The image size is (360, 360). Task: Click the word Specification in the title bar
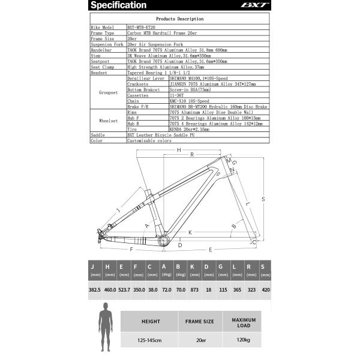tap(120, 5)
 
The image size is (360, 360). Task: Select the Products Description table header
tap(179, 19)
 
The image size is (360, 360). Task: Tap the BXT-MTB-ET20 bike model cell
tap(144, 28)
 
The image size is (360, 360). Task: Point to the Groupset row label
tap(108, 93)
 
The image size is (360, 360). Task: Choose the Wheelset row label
tap(108, 121)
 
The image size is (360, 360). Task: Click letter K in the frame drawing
tap(190, 232)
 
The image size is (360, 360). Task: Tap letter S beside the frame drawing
tap(263, 199)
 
